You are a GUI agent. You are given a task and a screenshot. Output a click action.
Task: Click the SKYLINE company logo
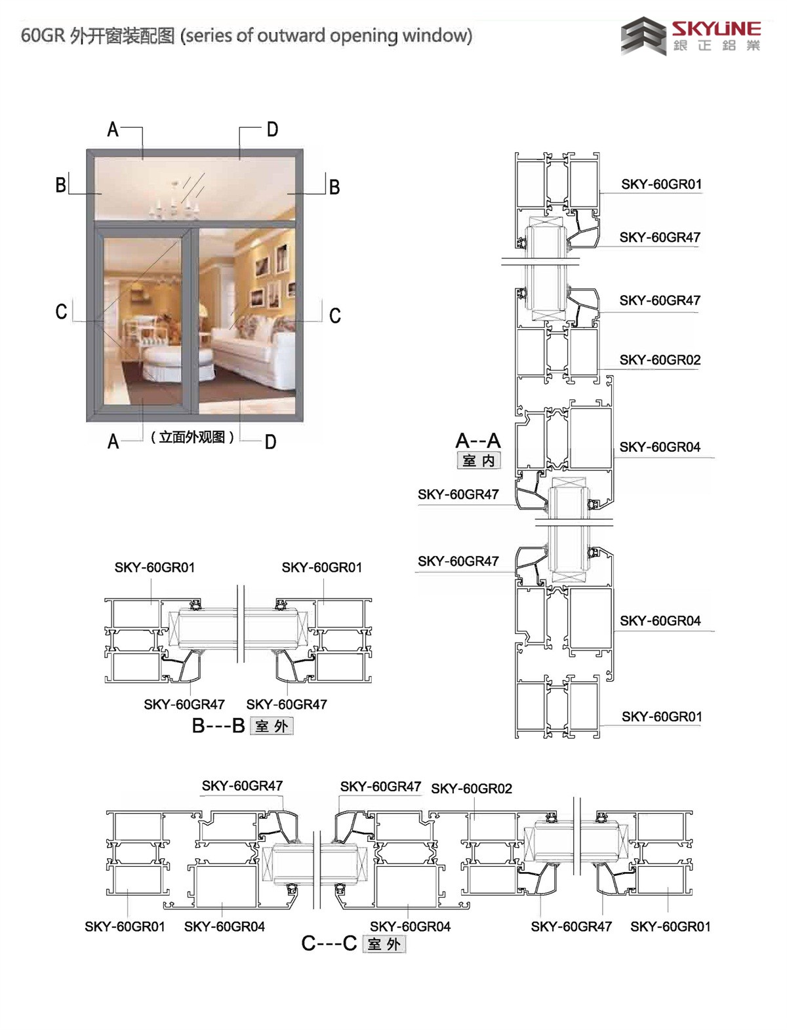(x=691, y=35)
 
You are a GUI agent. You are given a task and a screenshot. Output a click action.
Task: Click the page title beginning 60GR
(x=247, y=35)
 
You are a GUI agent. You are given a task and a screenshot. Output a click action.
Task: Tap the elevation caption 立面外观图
(x=192, y=437)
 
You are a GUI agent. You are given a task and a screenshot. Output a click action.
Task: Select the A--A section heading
(x=478, y=441)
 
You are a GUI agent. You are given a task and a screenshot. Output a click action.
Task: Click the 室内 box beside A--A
(x=479, y=460)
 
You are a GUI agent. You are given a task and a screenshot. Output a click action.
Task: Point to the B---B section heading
(x=218, y=725)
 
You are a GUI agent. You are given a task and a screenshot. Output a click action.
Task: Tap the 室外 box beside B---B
(x=272, y=726)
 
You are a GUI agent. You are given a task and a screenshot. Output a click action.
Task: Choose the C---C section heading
(x=329, y=943)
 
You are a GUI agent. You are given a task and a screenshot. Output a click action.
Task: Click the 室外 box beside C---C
(x=384, y=943)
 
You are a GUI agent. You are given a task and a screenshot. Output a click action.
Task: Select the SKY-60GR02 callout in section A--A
(x=660, y=360)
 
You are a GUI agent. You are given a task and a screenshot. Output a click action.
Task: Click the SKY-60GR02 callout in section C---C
(x=472, y=789)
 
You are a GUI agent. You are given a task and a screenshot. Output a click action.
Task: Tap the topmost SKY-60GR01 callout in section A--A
(x=662, y=184)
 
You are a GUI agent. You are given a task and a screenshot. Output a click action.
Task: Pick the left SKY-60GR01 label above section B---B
(x=154, y=567)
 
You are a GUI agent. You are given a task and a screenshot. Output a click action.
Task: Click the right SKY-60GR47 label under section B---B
(x=287, y=704)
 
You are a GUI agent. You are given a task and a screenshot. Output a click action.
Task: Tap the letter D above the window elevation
(x=272, y=129)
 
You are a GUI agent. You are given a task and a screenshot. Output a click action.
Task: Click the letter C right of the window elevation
(x=335, y=315)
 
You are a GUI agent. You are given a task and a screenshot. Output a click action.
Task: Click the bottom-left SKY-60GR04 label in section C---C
(x=224, y=926)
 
